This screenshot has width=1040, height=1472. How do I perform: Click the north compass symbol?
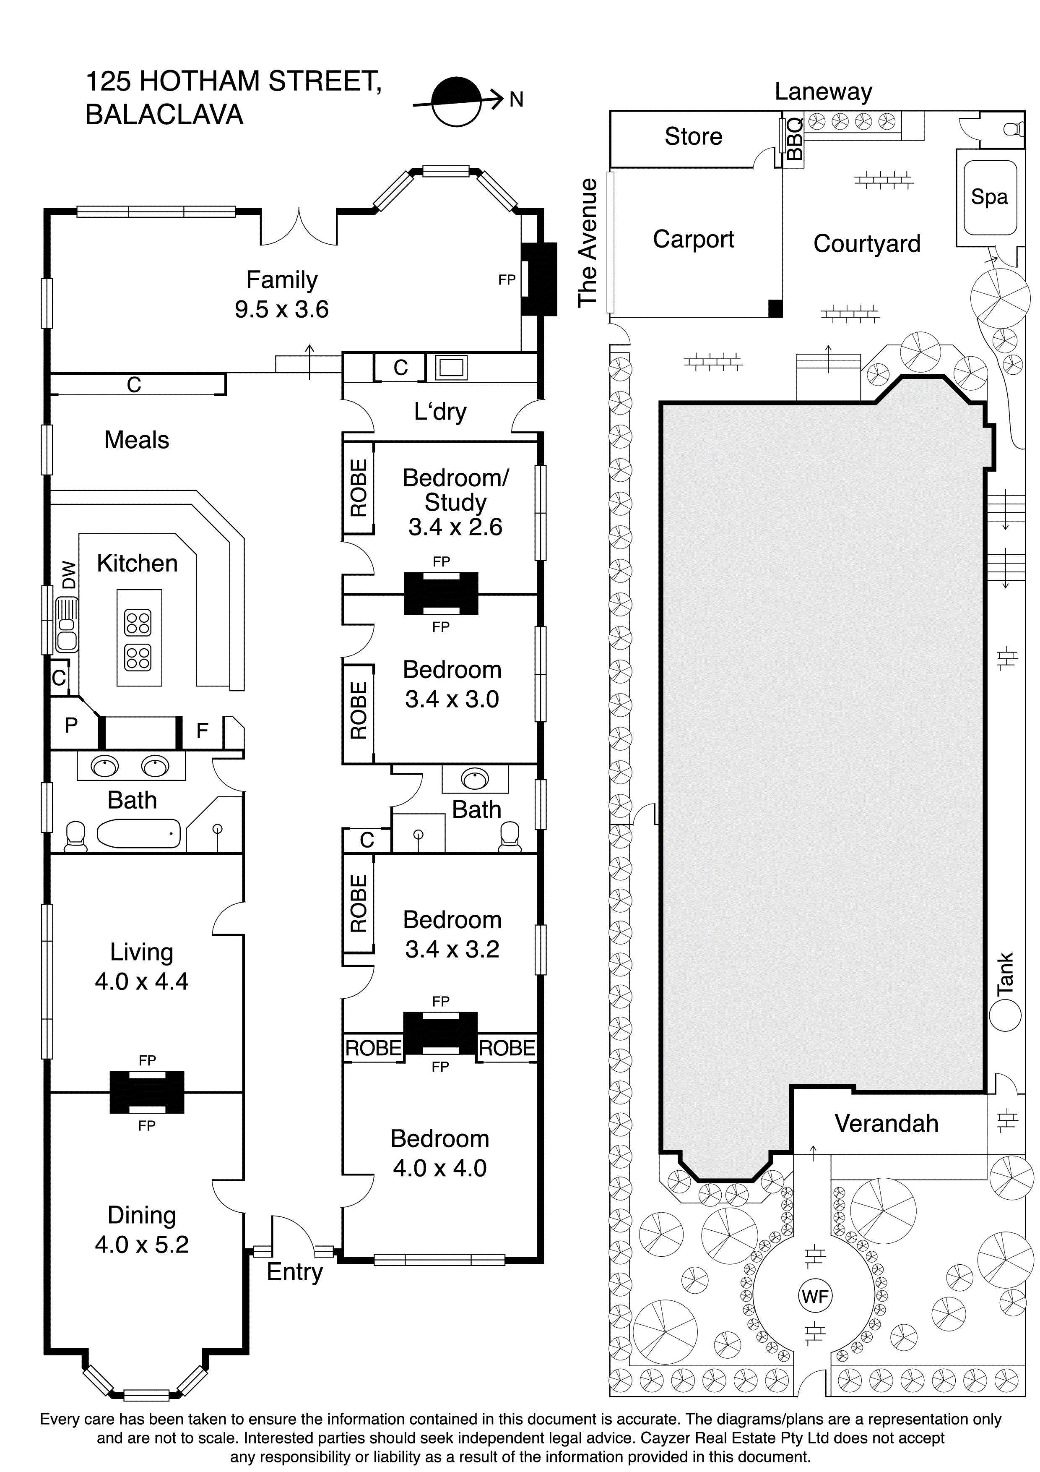click(x=455, y=101)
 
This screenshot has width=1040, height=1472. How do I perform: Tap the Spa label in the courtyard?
click(x=989, y=197)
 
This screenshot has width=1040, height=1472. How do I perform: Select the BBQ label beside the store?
click(x=793, y=139)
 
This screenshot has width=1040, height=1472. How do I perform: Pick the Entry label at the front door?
click(x=294, y=1271)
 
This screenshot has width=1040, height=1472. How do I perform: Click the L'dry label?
click(x=440, y=412)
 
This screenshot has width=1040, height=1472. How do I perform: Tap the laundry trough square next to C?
click(x=451, y=367)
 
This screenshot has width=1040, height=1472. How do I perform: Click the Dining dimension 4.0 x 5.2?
click(x=142, y=1245)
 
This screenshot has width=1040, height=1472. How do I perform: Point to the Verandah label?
click(x=886, y=1123)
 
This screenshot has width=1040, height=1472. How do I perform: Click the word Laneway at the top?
click(x=823, y=91)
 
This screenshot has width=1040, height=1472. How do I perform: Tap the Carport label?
click(x=693, y=239)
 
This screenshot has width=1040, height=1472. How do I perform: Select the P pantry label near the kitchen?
click(x=71, y=725)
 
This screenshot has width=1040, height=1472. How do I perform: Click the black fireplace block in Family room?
click(x=538, y=279)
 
